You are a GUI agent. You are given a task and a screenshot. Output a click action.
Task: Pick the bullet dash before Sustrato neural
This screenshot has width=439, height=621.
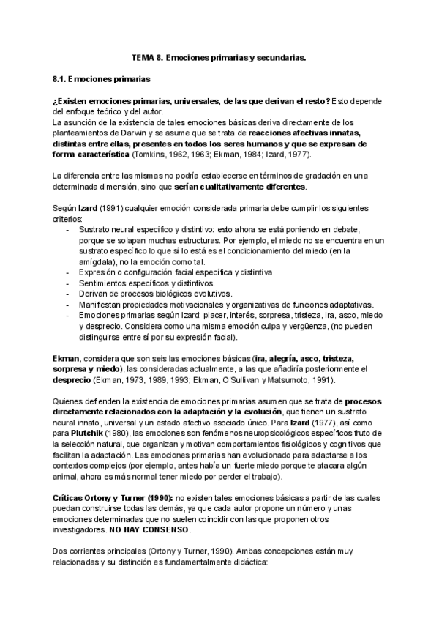(x=67, y=228)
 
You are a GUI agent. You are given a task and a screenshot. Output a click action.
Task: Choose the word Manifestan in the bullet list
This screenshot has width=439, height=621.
(x=102, y=305)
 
